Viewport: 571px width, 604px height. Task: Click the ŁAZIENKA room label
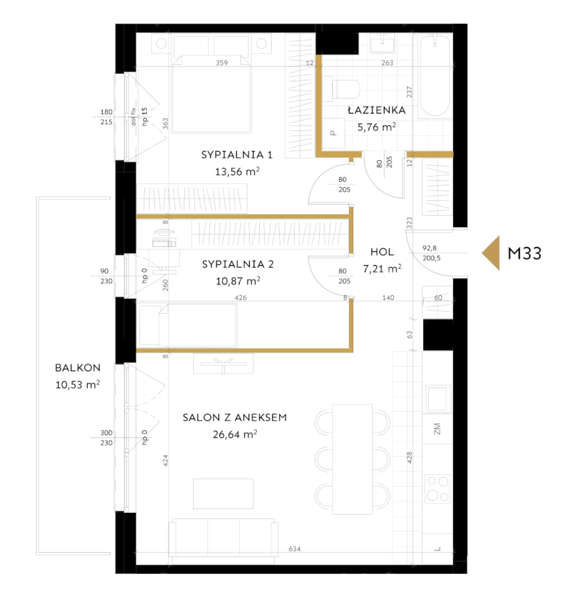(376, 110)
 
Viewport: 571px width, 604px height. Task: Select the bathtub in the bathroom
(434, 76)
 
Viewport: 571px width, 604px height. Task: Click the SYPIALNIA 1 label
(237, 155)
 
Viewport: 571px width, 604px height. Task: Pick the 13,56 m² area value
(237, 171)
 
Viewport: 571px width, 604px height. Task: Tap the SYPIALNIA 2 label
(238, 264)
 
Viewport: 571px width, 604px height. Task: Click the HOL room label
(382, 252)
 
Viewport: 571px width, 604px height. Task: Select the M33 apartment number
(525, 254)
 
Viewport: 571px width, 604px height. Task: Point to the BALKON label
(78, 368)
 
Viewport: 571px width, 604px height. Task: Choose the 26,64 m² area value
(235, 434)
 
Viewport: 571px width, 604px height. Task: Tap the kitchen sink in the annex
(438, 399)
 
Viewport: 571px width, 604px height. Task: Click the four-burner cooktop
(438, 489)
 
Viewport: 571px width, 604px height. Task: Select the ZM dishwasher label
(437, 429)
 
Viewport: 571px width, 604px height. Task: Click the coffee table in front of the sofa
(223, 494)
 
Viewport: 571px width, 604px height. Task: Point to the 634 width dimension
(294, 549)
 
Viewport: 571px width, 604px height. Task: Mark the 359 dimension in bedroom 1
(222, 63)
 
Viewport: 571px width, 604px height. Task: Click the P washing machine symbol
(333, 133)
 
